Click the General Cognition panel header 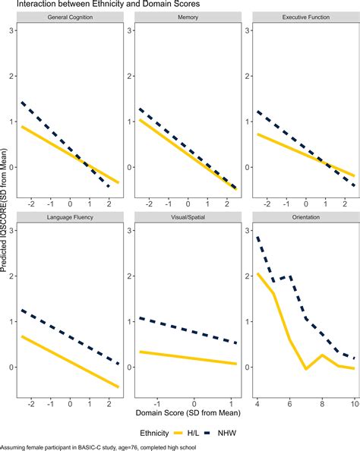(70, 17)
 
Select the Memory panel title (188, 17)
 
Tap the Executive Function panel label (306, 17)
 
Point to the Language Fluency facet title (70, 217)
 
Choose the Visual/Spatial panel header (188, 217)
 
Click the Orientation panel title (306, 217)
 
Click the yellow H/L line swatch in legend (178, 433)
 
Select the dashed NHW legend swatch (209, 433)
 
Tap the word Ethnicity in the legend (154, 433)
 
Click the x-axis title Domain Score (188, 413)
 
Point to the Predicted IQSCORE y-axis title (4, 210)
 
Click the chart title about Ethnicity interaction (108, 4)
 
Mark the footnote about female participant (98, 447)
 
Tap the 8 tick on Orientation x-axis (322, 404)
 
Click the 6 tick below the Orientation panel (290, 404)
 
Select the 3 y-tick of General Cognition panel (11, 30)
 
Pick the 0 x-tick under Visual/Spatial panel (194, 404)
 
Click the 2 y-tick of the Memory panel (130, 76)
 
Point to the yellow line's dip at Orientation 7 (306, 368)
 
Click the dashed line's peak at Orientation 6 (290, 276)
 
